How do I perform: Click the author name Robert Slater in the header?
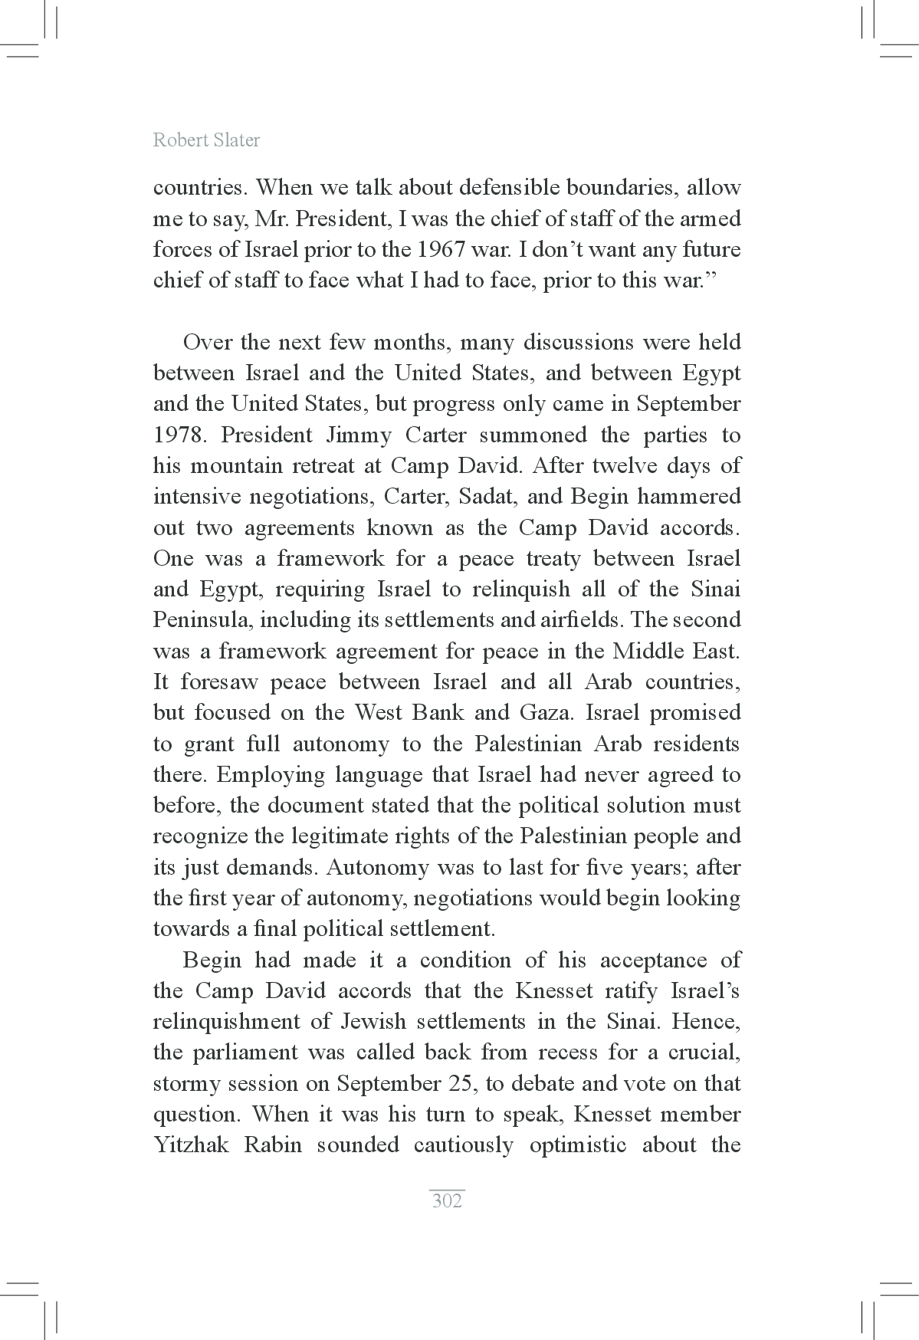click(206, 140)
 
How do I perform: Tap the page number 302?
click(447, 1200)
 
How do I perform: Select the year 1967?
click(447, 250)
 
